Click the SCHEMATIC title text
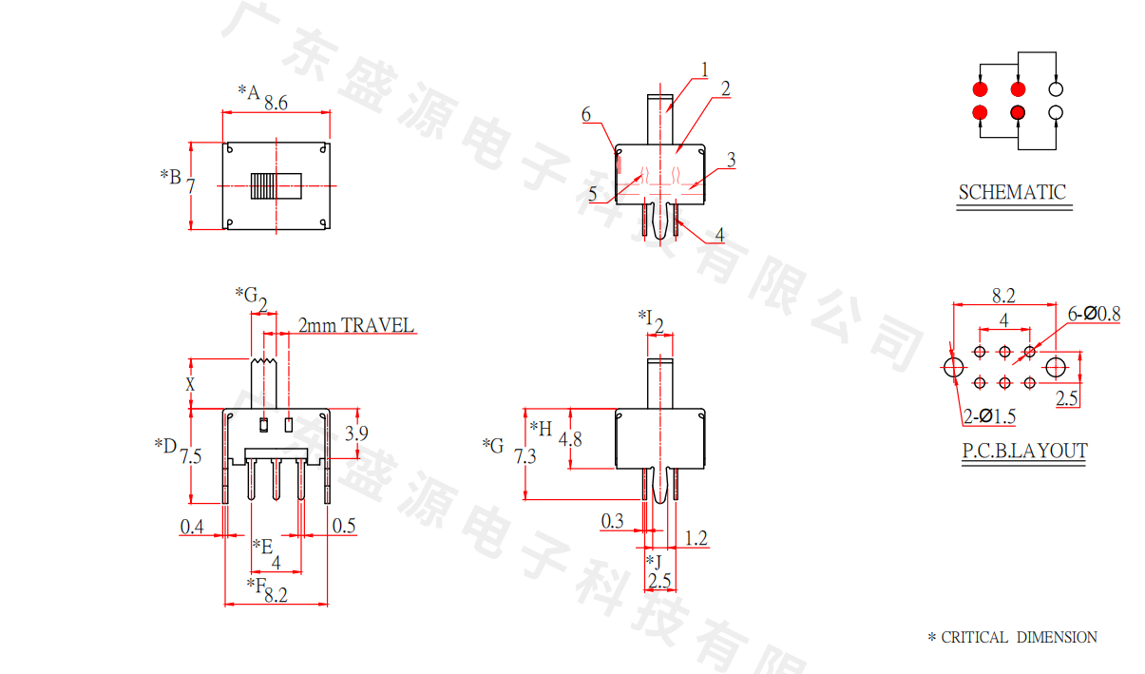click(1012, 192)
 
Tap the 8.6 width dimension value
click(277, 102)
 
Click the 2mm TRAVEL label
click(356, 326)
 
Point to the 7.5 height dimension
click(190, 456)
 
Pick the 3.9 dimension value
click(357, 434)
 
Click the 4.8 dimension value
click(570, 439)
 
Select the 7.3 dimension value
click(525, 456)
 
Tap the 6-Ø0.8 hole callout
click(1095, 313)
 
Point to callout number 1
click(705, 68)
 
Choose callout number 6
click(586, 115)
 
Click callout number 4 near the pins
click(719, 234)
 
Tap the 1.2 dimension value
click(696, 539)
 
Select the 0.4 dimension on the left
click(192, 526)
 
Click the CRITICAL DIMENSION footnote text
click(1013, 637)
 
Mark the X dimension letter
click(190, 384)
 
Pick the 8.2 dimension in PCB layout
click(1004, 296)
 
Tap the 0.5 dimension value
click(344, 526)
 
